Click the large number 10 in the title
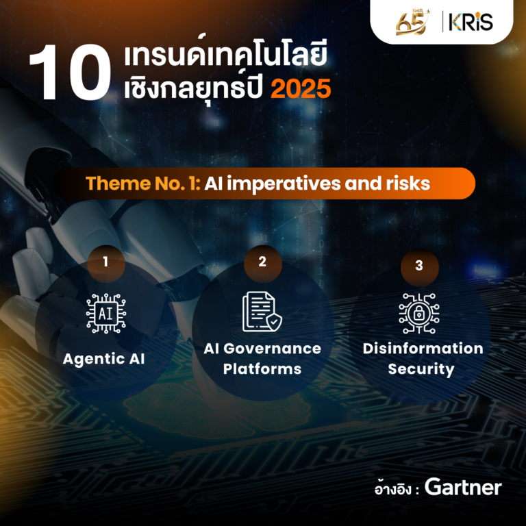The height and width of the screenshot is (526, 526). click(x=70, y=73)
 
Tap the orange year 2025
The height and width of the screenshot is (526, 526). click(x=301, y=89)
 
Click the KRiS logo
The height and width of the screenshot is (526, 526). click(x=471, y=22)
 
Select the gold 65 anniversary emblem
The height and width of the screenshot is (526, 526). click(x=412, y=22)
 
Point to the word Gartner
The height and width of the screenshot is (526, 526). click(x=463, y=487)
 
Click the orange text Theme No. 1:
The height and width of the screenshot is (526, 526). click(x=143, y=184)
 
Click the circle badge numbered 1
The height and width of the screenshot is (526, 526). click(x=106, y=263)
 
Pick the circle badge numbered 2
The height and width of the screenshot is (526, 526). click(x=263, y=263)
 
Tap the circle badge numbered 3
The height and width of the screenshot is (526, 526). click(x=419, y=267)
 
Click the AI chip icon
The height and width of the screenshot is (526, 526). click(x=106, y=313)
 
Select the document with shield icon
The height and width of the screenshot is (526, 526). click(x=262, y=312)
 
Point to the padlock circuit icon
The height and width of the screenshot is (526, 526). click(x=419, y=313)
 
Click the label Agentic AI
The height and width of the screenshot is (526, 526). click(x=103, y=360)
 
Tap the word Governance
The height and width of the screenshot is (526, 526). click(x=272, y=349)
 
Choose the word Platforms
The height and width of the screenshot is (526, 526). click(x=262, y=369)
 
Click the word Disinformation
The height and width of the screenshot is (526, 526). click(x=423, y=349)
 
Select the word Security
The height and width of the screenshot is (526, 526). click(x=421, y=369)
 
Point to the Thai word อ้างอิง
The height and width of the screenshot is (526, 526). click(x=393, y=489)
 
